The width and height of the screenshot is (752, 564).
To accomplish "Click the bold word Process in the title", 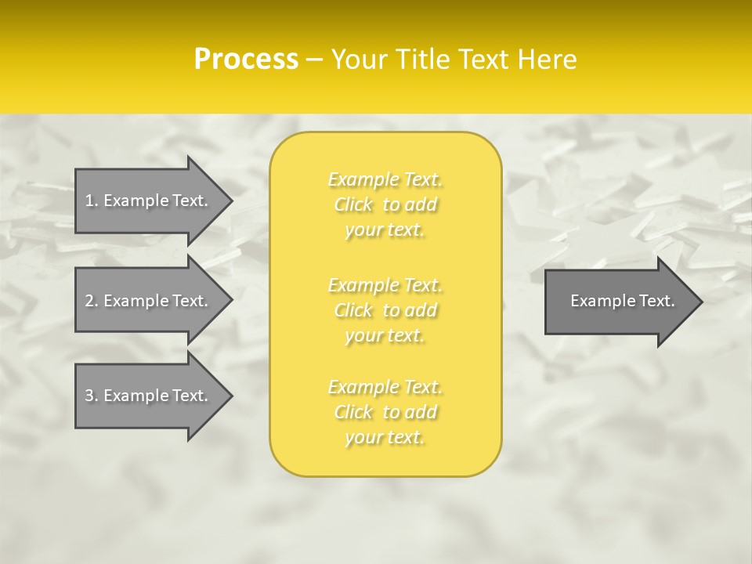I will point(246,60).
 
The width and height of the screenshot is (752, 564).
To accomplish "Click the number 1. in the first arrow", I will point(91,201).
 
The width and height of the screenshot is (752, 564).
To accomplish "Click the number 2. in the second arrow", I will point(91,301).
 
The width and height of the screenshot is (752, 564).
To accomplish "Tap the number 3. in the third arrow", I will point(91,396).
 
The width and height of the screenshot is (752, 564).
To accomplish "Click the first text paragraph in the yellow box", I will point(385,204).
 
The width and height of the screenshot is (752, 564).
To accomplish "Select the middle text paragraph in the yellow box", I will point(385,310).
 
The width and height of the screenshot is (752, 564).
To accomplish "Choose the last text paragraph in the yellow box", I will point(385,412).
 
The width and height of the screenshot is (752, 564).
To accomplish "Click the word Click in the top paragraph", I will point(353,205).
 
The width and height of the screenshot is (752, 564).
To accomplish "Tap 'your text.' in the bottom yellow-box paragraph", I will point(385,437).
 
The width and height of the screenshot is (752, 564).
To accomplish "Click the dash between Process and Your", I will point(315,60).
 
